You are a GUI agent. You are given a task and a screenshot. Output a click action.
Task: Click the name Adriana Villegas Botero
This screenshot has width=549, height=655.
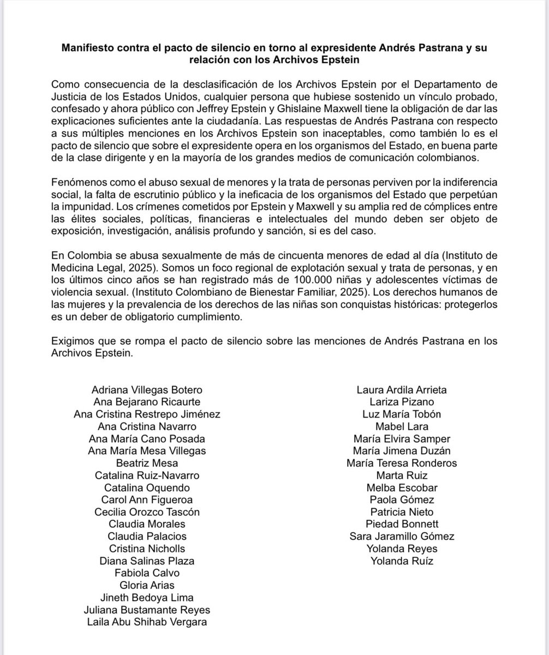coord(147,390)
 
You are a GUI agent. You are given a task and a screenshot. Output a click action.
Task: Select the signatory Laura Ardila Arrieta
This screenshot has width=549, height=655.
coord(402,390)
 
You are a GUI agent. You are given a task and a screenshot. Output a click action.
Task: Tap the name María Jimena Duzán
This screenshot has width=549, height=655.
coord(402,451)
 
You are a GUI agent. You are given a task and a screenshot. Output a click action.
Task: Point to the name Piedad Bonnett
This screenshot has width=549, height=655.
coord(402,524)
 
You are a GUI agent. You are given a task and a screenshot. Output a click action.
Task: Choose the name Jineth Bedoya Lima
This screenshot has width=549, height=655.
coord(147,598)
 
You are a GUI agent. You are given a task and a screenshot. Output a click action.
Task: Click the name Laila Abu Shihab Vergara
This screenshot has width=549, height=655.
coord(147,622)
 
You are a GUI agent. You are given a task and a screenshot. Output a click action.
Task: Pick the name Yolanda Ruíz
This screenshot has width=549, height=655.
coord(402,561)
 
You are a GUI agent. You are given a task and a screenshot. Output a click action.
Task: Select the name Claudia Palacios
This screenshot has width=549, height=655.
coord(147,537)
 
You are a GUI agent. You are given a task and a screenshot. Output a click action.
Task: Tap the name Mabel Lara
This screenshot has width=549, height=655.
coord(402,426)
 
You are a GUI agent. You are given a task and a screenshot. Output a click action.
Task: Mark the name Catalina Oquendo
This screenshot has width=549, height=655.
coord(147,487)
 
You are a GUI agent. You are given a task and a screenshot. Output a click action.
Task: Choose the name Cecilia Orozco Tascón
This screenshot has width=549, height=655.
coord(147,512)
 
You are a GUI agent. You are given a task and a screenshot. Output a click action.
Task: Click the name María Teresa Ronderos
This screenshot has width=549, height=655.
coord(402,463)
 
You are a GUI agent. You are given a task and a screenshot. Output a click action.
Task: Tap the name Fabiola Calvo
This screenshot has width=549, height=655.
coord(147,573)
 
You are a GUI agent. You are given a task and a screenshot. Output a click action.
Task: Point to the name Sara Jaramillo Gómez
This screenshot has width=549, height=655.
coord(402,537)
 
